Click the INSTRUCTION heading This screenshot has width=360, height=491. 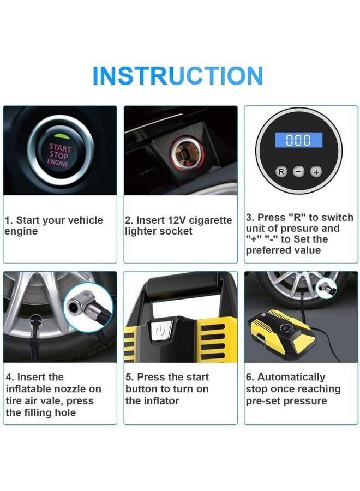(x=178, y=75)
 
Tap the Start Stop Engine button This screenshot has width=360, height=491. (x=60, y=151)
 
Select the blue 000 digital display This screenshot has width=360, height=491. (x=299, y=140)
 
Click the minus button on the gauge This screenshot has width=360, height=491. (x=299, y=172)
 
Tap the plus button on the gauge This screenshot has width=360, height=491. (x=316, y=172)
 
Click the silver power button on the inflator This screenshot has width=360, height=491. (x=161, y=331)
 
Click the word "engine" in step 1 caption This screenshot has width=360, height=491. (x=21, y=231)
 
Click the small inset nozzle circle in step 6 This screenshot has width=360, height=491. (x=326, y=288)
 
